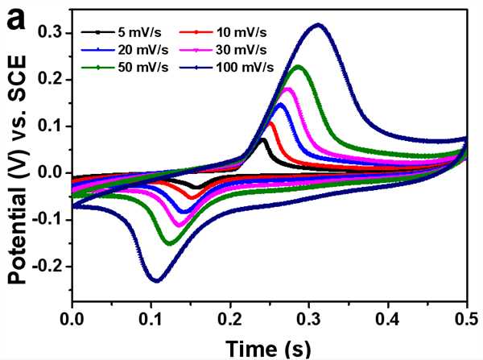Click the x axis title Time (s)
269,348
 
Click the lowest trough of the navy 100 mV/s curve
156,280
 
